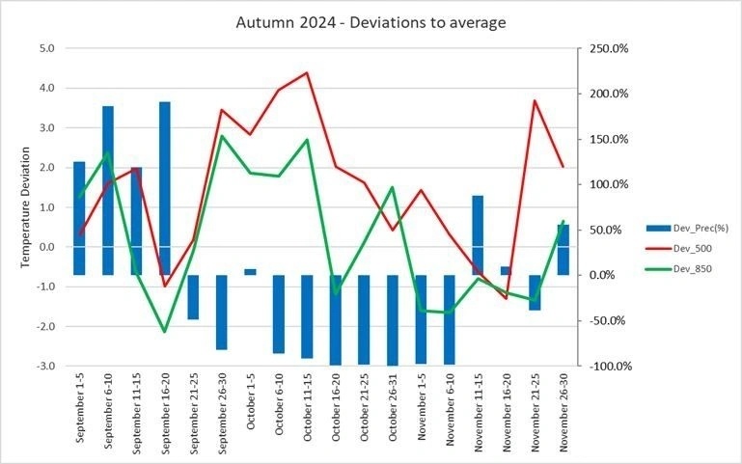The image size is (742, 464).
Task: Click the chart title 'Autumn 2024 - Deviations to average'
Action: coord(371,21)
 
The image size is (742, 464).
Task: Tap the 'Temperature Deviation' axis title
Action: coord(25,206)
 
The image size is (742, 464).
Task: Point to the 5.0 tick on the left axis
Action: coord(47,47)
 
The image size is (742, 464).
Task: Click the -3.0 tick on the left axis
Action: coord(45,367)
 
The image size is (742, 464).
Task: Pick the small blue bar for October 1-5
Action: coord(250,272)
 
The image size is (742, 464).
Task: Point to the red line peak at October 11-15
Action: coord(307,72)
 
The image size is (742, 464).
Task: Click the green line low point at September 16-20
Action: coord(165,332)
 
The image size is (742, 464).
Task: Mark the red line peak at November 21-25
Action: coord(535,100)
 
